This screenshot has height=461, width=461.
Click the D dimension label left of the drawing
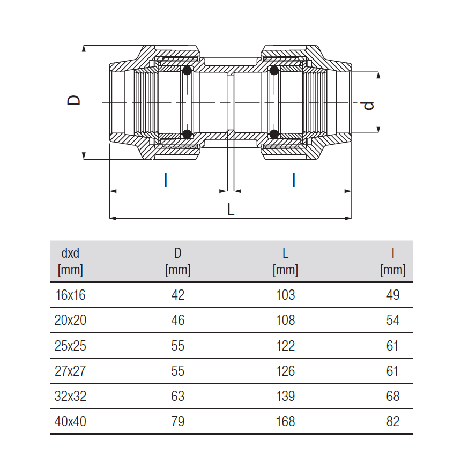(x=73, y=100)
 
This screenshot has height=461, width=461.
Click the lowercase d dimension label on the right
(x=368, y=105)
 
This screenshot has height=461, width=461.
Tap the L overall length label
(x=231, y=210)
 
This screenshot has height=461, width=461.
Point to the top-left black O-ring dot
(x=187, y=71)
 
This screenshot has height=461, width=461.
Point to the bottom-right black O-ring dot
(x=274, y=134)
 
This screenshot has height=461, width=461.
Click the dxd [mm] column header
(x=70, y=262)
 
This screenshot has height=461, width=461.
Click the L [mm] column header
(x=285, y=262)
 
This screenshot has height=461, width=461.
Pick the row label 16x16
(x=70, y=295)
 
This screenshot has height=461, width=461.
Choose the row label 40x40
(x=70, y=421)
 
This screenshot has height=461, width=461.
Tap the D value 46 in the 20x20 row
(x=178, y=320)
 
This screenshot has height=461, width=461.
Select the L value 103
(x=285, y=295)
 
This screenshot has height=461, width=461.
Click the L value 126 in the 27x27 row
(x=285, y=371)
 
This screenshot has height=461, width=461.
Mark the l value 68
(x=393, y=396)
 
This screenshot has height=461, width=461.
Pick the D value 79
(x=178, y=421)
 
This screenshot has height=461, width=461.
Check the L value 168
(x=285, y=421)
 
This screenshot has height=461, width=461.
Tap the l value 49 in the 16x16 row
(x=393, y=295)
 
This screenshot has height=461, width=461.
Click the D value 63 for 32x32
(x=178, y=396)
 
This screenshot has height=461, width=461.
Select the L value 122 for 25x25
(x=285, y=345)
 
